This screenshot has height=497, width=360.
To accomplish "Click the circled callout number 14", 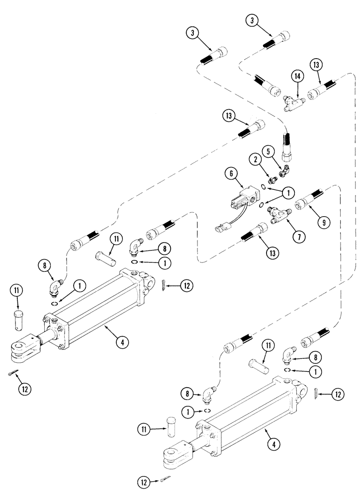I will (297, 77).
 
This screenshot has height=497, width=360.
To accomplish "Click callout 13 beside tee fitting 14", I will (315, 64).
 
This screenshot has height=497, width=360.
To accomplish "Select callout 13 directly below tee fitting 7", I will (272, 253).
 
